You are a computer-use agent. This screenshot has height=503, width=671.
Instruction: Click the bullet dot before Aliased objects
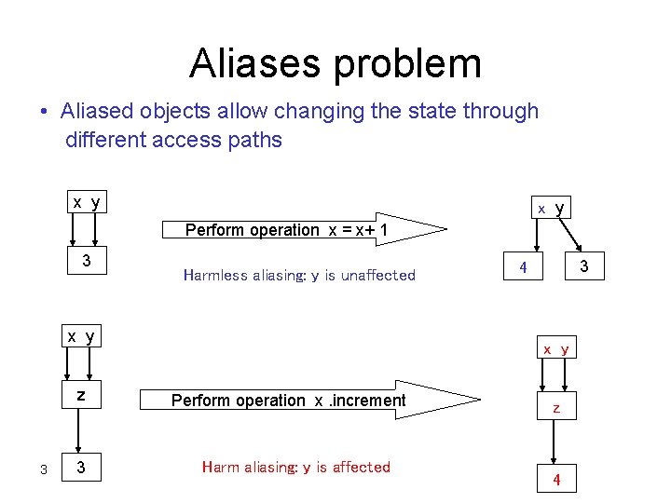coord(44,113)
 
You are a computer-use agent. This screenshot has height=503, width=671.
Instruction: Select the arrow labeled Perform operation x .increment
coord(308,401)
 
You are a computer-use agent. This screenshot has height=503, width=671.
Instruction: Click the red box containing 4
coord(556,480)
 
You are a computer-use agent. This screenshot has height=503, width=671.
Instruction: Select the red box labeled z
coord(556,408)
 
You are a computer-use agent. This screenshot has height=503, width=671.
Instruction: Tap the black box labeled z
coord(81,396)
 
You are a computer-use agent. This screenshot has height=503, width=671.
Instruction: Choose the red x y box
coord(556,349)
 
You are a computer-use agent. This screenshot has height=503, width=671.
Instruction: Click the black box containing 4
coord(524,267)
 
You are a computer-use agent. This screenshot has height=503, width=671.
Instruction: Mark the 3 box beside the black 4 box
coord(584,267)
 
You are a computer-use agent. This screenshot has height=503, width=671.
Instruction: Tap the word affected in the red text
coord(360,467)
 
